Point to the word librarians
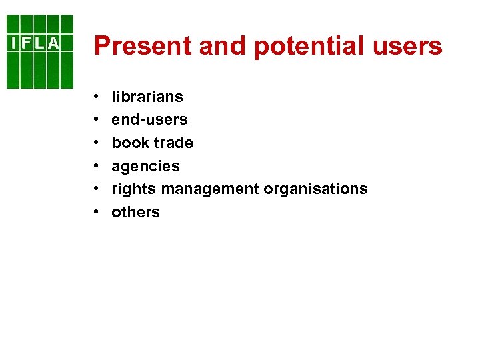click(x=147, y=97)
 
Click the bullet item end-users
click(x=149, y=120)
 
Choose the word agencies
click(x=145, y=166)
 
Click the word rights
click(x=134, y=189)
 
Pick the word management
click(x=210, y=189)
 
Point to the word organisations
click(x=315, y=189)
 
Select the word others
click(x=135, y=212)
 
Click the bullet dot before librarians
click(x=97, y=97)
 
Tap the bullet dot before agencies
click(x=97, y=167)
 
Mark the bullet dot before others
click(x=97, y=213)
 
